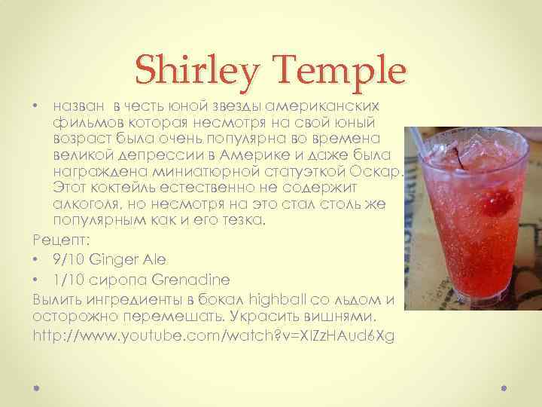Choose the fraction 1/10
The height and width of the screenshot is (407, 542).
tap(67, 280)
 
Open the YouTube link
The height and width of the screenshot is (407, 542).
tap(214, 333)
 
